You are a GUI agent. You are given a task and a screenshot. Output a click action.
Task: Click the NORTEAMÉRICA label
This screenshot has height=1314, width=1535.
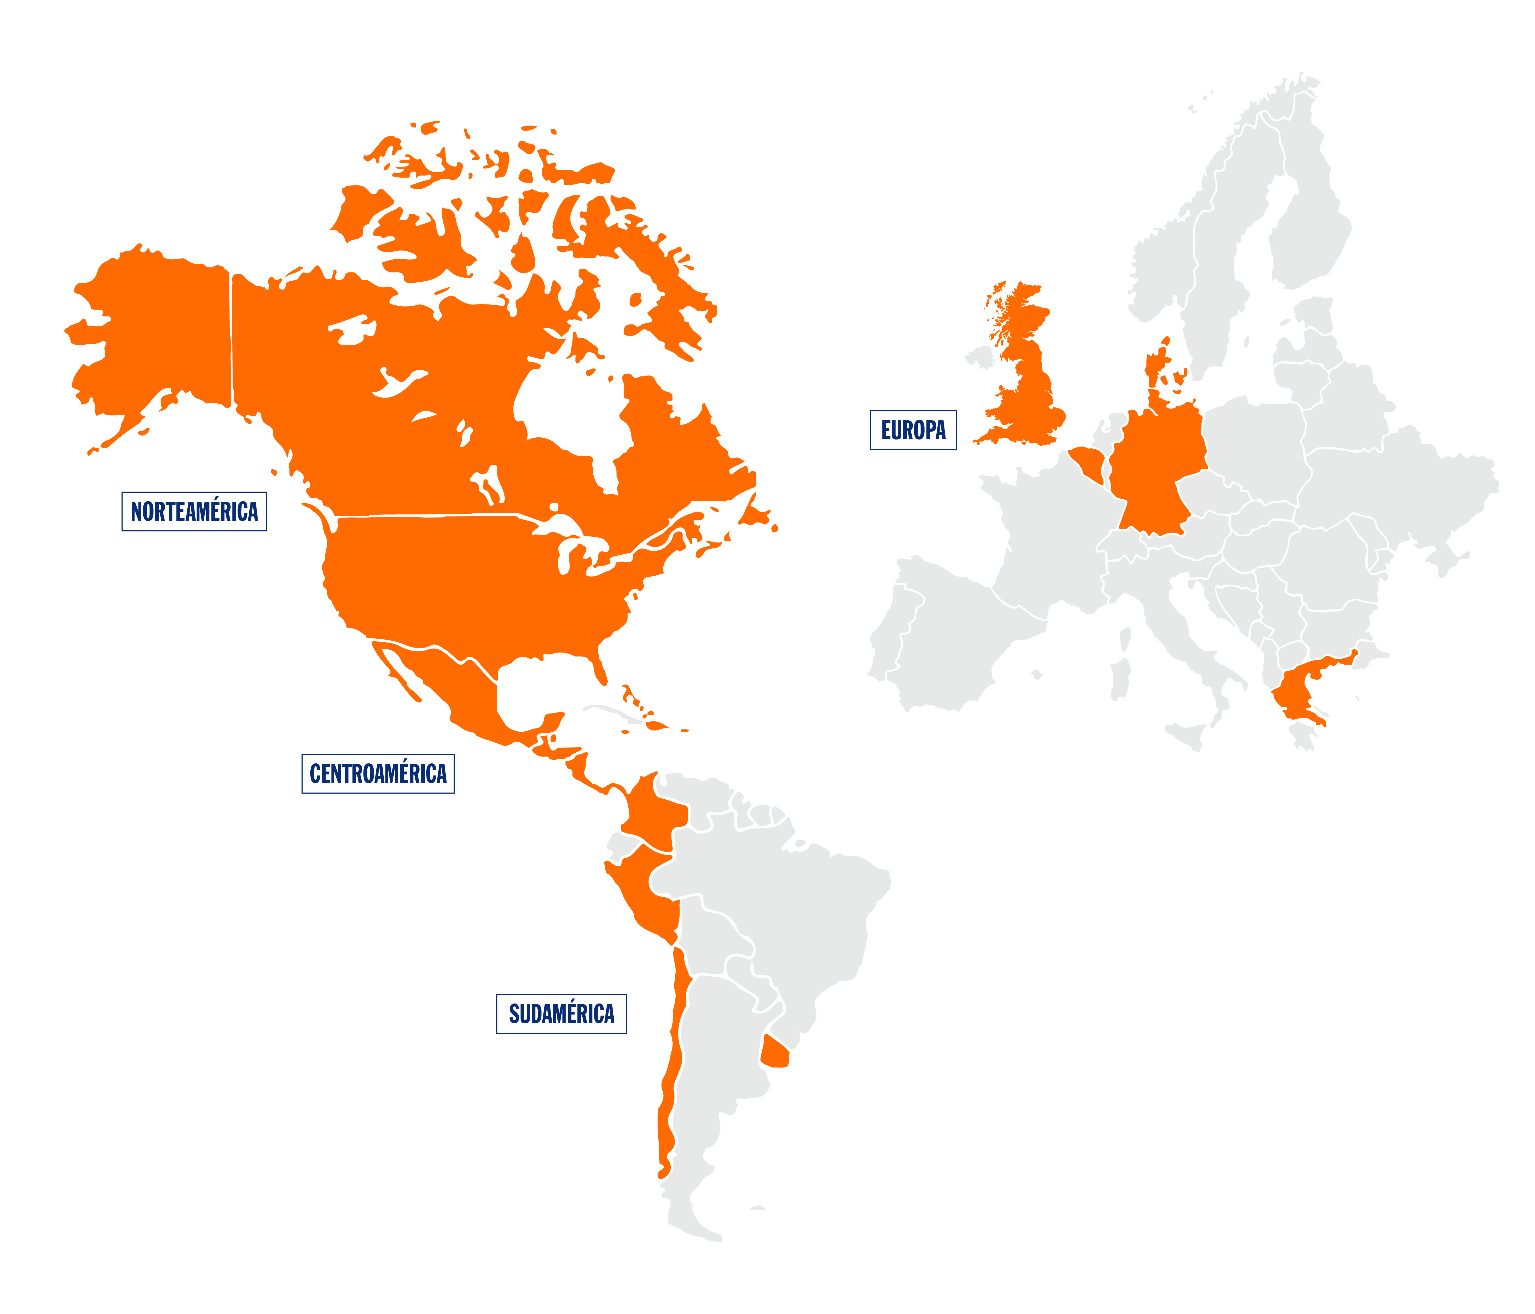tap(194, 511)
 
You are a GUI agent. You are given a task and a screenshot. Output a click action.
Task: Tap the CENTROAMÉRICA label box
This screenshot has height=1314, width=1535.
tap(378, 774)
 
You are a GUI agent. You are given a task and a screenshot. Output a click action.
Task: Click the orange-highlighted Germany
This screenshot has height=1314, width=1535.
tap(1156, 474)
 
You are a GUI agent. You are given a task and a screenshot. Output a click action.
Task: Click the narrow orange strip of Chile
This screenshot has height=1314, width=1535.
tap(670, 1074)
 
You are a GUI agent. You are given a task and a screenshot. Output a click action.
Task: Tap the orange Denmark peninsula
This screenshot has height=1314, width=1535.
tap(1156, 370)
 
